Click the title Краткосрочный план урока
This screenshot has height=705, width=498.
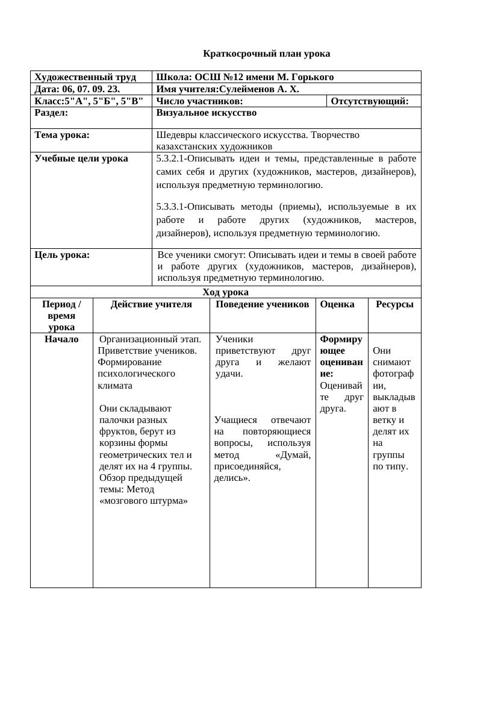[266, 54]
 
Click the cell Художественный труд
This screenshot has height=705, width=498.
[85, 77]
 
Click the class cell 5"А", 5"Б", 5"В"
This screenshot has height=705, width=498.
[89, 101]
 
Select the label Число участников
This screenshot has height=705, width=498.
[199, 101]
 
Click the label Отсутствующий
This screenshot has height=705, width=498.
[369, 101]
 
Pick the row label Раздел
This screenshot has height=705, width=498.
[51, 113]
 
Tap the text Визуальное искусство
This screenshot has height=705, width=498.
[206, 113]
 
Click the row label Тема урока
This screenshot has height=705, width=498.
[62, 135]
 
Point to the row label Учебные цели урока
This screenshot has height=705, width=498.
[81, 158]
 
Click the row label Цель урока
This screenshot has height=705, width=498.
[62, 255]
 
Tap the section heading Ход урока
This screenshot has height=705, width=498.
[225, 292]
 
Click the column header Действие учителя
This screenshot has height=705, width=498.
[151, 304]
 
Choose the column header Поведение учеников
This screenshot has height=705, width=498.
[262, 304]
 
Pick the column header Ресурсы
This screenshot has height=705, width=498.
[394, 304]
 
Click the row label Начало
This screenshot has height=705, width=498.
[61, 339]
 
